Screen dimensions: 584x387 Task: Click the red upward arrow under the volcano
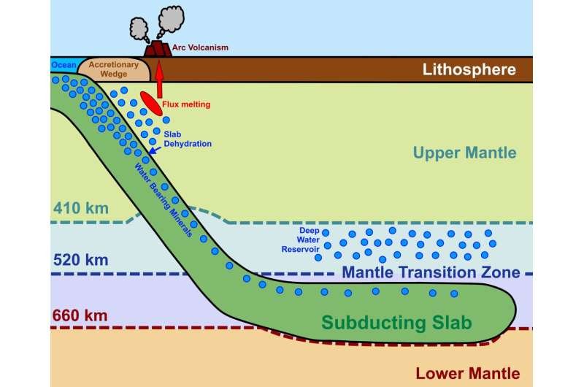[x=159, y=80]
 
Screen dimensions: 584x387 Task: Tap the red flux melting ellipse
[x=151, y=103]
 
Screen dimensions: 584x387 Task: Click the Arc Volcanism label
[x=200, y=47]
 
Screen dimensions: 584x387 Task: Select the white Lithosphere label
[x=469, y=69]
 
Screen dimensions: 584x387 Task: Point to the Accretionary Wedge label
[x=114, y=69]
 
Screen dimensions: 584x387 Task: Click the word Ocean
[x=64, y=65]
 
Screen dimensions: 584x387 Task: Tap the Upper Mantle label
[x=464, y=153]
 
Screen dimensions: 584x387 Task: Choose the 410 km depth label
[x=81, y=208]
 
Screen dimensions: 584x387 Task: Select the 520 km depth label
[x=81, y=260]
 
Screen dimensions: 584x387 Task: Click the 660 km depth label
[x=80, y=315]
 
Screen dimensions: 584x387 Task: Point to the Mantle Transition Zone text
[x=431, y=272]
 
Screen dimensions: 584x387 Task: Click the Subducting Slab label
[x=396, y=323]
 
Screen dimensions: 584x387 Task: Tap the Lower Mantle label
[x=468, y=373]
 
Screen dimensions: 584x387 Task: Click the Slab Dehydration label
[x=188, y=139]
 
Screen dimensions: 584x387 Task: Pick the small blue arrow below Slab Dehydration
[x=155, y=150]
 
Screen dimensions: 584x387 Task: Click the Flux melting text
[x=186, y=104]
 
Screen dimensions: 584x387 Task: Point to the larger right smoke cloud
[x=170, y=21]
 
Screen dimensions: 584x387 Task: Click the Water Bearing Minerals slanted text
[x=163, y=200]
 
